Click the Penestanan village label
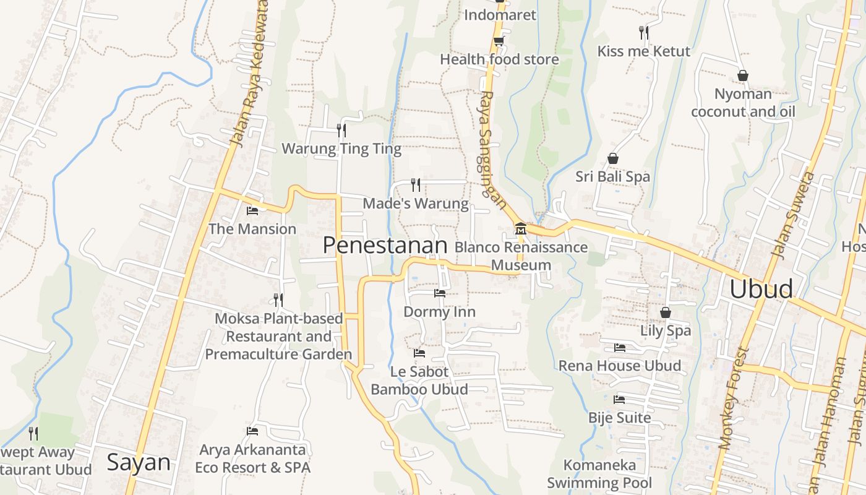pyautogui.click(x=385, y=246)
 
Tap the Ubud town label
pyautogui.click(x=761, y=289)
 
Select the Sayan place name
pyautogui.click(x=139, y=462)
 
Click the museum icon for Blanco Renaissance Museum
pyautogui.click(x=521, y=230)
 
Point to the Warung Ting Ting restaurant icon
pyautogui.click(x=341, y=130)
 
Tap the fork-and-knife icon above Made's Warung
pyautogui.click(x=416, y=184)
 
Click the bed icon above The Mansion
pyautogui.click(x=252, y=211)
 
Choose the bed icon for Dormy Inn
pyautogui.click(x=440, y=293)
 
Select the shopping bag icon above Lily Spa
pyautogui.click(x=666, y=312)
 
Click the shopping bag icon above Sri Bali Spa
pyautogui.click(x=613, y=158)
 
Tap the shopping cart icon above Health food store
pyautogui.click(x=499, y=41)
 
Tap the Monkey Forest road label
pyautogui.click(x=734, y=398)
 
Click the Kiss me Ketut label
pyautogui.click(x=643, y=51)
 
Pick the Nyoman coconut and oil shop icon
pyautogui.click(x=743, y=75)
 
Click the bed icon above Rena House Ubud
pyautogui.click(x=620, y=348)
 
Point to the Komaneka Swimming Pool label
pyautogui.click(x=599, y=473)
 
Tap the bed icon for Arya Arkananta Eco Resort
pyautogui.click(x=252, y=431)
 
